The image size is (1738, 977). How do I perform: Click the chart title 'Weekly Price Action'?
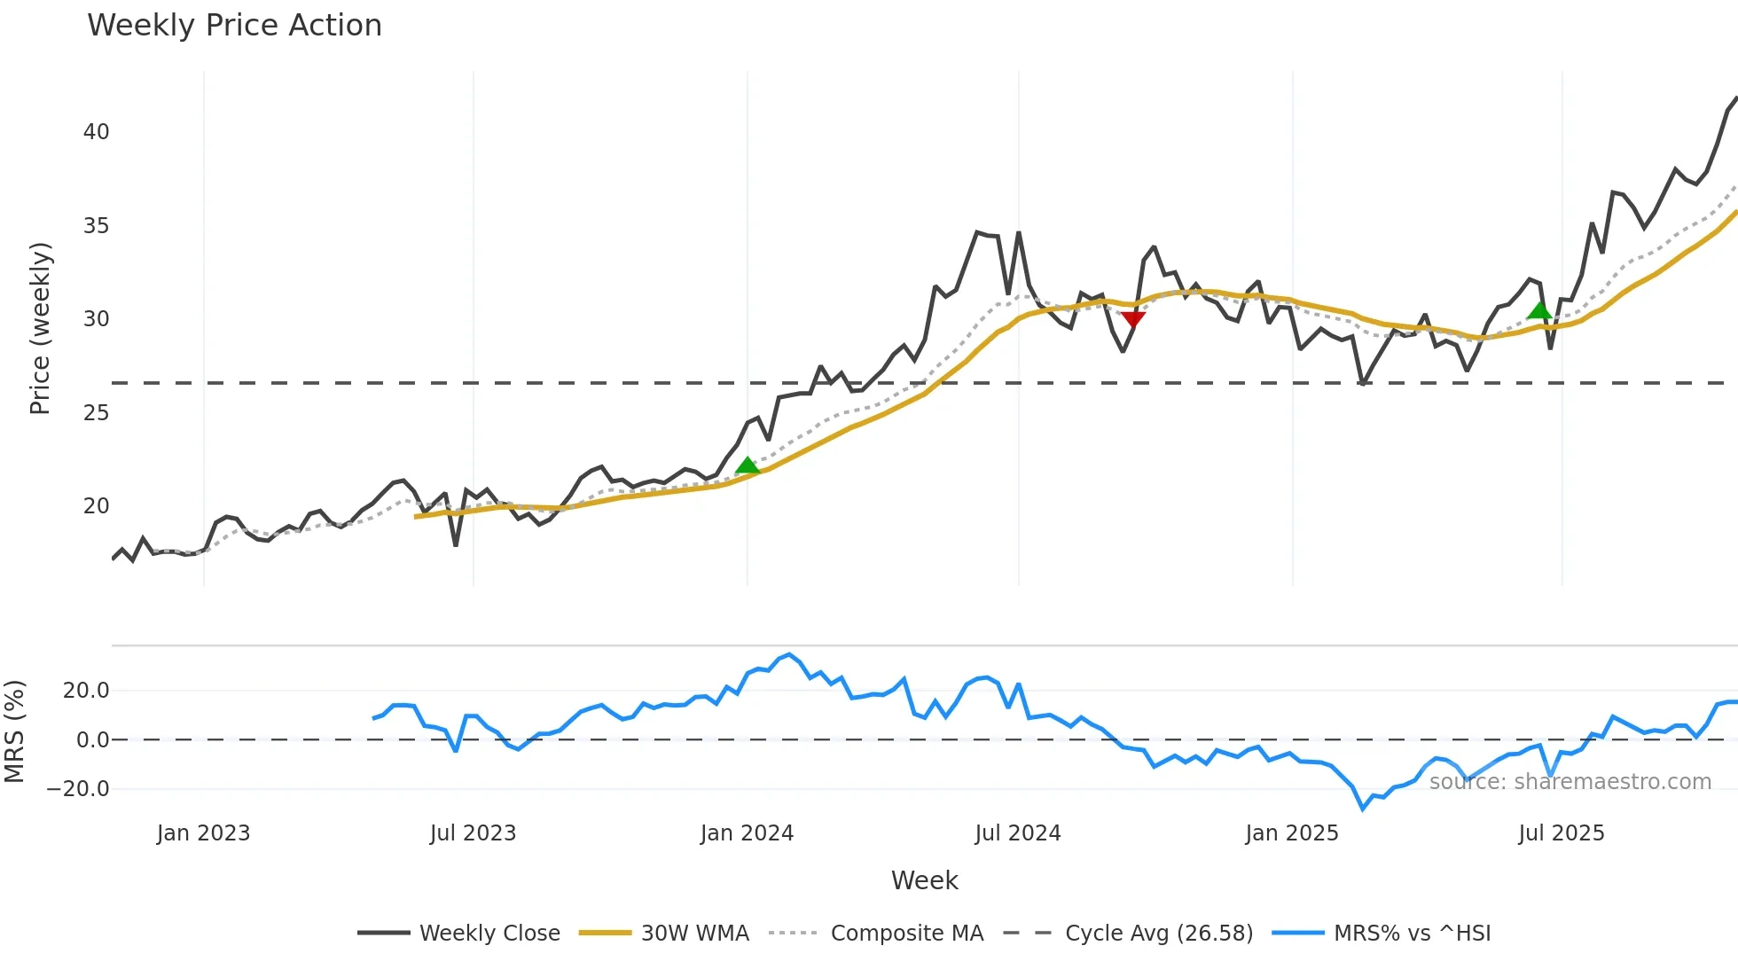pyautogui.click(x=234, y=26)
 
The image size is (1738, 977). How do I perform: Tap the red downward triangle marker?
pyautogui.click(x=1133, y=319)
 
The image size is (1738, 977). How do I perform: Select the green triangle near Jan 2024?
pyautogui.click(x=748, y=466)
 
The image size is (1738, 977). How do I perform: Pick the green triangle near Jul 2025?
pyautogui.click(x=1539, y=310)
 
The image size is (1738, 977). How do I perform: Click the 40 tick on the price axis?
pyautogui.click(x=96, y=132)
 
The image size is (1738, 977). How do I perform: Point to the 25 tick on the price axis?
pyautogui.click(x=96, y=413)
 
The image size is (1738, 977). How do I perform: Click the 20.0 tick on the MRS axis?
pyautogui.click(x=86, y=691)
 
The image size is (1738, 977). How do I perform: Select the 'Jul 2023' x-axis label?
pyautogui.click(x=473, y=833)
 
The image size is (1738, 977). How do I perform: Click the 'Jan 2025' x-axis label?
pyautogui.click(x=1291, y=833)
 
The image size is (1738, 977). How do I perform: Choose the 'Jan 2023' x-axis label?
pyautogui.click(x=203, y=833)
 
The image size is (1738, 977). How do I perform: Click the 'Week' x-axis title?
pyautogui.click(x=924, y=880)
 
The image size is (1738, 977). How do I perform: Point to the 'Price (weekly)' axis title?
pyautogui.click(x=40, y=328)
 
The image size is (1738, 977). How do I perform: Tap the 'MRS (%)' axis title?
pyautogui.click(x=14, y=731)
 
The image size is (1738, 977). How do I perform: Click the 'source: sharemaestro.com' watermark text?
pyautogui.click(x=1570, y=782)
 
